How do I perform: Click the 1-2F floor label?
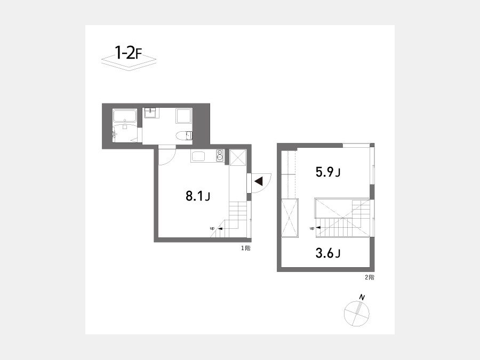pyautogui.click(x=128, y=53)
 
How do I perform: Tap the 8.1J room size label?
pyautogui.click(x=198, y=196)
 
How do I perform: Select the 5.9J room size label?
pyautogui.click(x=328, y=172)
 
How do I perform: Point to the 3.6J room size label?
pyautogui.click(x=328, y=253)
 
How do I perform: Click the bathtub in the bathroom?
pyautogui.click(x=125, y=116)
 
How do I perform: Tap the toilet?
pyautogui.click(x=185, y=135)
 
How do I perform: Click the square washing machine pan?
pyautogui.click(x=183, y=116)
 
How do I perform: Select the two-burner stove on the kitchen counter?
pyautogui.click(x=220, y=156)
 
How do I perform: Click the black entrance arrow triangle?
pyautogui.click(x=259, y=181)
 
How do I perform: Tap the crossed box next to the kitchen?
pyautogui.click(x=237, y=157)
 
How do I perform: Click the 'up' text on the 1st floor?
pyautogui.click(x=212, y=228)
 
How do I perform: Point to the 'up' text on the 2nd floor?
pyautogui.click(x=312, y=228)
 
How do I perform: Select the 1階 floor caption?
pyautogui.click(x=245, y=248)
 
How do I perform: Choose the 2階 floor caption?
pyautogui.click(x=370, y=277)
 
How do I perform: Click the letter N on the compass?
pyautogui.click(x=362, y=297)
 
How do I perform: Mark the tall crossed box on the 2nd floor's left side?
pyautogui.click(x=289, y=218)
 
